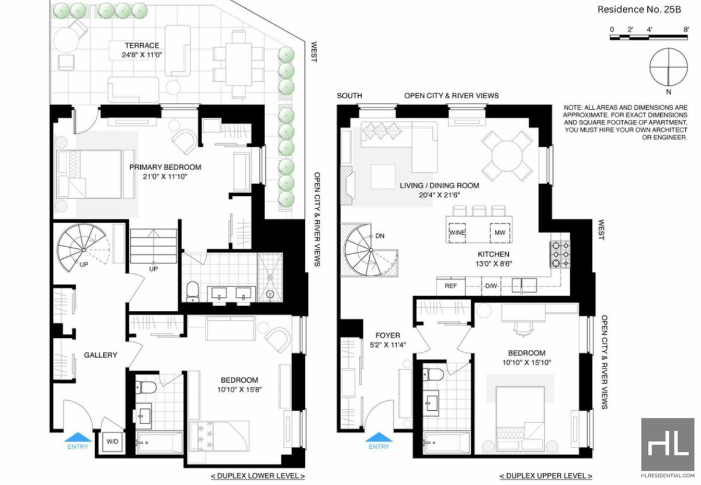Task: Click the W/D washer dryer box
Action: click(112, 442)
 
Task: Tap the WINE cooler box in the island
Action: click(457, 233)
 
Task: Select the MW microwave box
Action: click(500, 233)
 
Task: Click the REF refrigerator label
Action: click(450, 286)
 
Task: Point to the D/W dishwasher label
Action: click(491, 286)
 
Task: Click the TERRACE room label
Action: click(142, 46)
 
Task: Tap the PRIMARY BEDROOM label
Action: click(165, 167)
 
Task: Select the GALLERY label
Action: click(100, 355)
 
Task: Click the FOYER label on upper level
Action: click(388, 335)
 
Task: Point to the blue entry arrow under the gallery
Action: click(78, 437)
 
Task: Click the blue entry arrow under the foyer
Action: click(379, 437)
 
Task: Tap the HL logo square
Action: click(668, 445)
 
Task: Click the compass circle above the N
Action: click(669, 67)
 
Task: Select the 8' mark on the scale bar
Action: click(686, 30)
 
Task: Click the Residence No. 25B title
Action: click(639, 9)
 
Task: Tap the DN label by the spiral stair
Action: click(380, 235)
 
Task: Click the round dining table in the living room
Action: click(507, 155)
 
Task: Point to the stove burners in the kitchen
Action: click(560, 254)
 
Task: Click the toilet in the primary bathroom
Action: click(192, 291)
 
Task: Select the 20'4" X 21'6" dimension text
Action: click(439, 195)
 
